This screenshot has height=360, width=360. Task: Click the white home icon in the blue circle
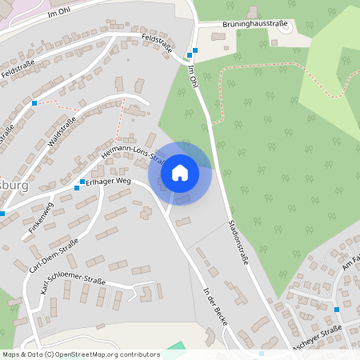pos(180,172)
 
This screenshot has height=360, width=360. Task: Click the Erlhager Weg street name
pos(108,181)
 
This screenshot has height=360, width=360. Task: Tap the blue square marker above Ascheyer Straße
pos(337,309)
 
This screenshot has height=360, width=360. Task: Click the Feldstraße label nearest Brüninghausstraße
pos(157,43)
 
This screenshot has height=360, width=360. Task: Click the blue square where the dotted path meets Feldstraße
pos(34,103)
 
